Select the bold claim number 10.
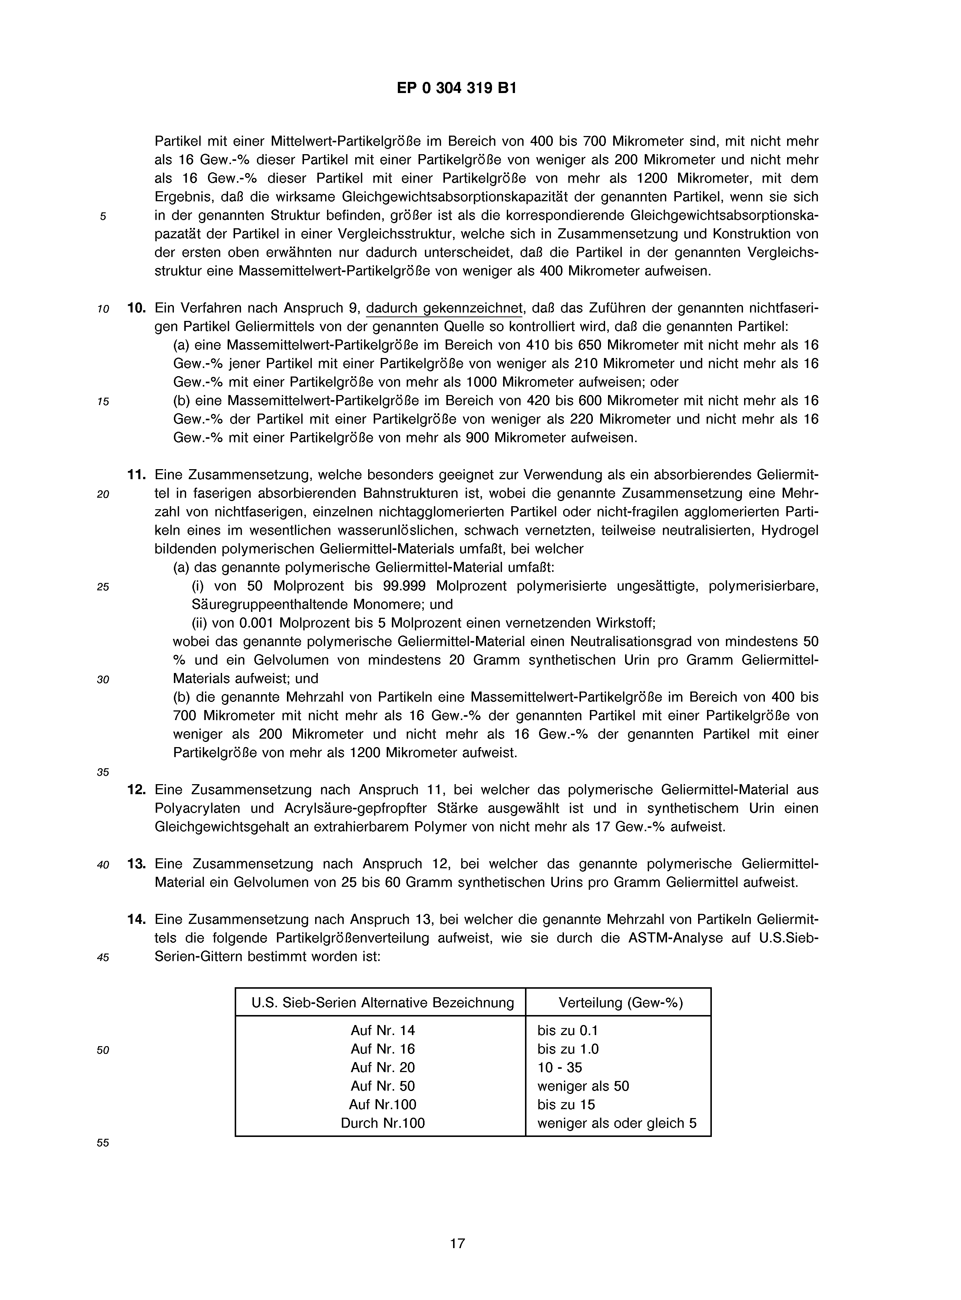[136, 308]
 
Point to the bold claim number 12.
[136, 790]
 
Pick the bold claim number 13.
[136, 864]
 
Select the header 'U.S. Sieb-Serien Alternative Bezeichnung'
[383, 1002]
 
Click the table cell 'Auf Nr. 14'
[383, 1030]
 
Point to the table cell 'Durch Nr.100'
[383, 1122]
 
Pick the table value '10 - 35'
[559, 1067]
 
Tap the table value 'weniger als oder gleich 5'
[617, 1122]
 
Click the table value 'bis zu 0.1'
[568, 1030]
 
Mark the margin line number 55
[103, 1143]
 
